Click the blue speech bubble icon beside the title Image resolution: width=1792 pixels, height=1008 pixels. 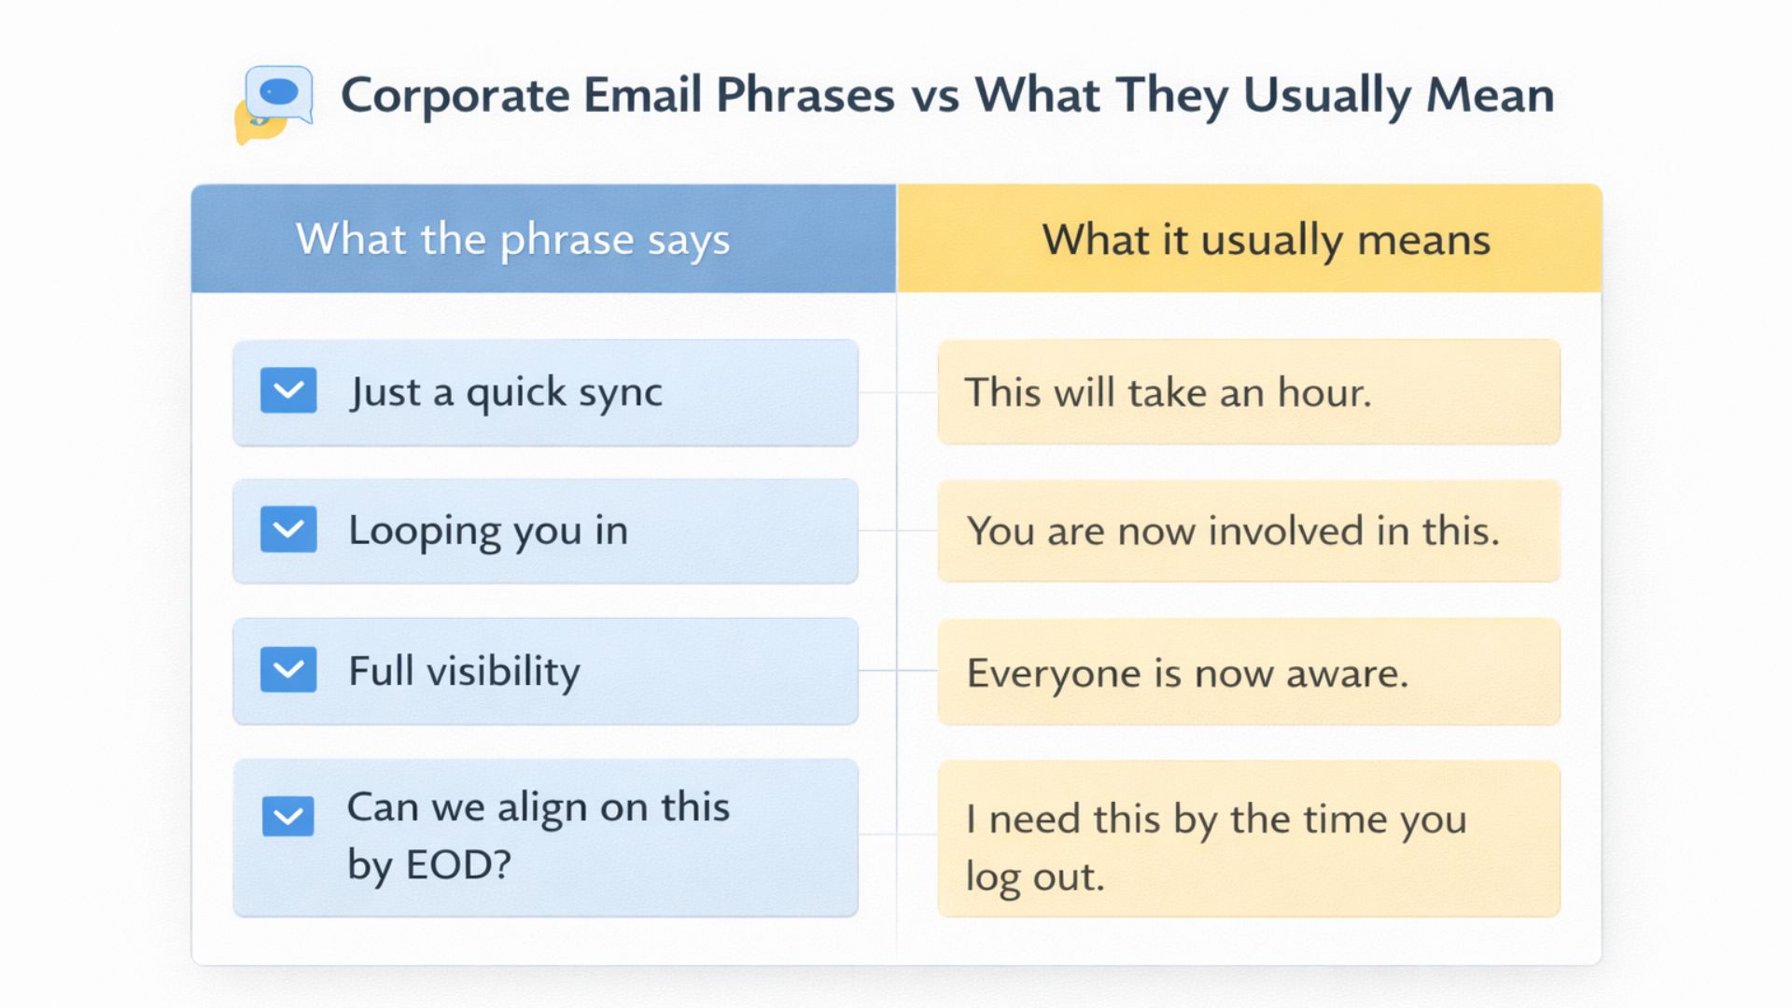(x=278, y=93)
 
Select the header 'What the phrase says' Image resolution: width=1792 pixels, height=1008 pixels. (x=512, y=240)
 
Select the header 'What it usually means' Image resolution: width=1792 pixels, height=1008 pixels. (x=1266, y=240)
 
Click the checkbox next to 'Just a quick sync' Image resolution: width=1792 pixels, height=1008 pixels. (x=288, y=390)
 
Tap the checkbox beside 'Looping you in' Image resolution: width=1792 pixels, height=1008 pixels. (x=288, y=529)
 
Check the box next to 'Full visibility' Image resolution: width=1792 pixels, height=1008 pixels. (x=288, y=669)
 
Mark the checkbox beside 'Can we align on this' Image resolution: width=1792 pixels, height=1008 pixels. (x=288, y=816)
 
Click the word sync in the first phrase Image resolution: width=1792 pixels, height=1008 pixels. (x=620, y=393)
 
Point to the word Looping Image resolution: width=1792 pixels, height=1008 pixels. (x=425, y=531)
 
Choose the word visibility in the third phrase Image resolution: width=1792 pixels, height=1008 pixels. (x=503, y=671)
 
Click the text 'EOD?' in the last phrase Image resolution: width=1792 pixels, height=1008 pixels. (x=458, y=865)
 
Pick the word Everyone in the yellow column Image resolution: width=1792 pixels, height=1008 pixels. (x=1053, y=673)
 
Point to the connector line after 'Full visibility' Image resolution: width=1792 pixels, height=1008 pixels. (x=897, y=670)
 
